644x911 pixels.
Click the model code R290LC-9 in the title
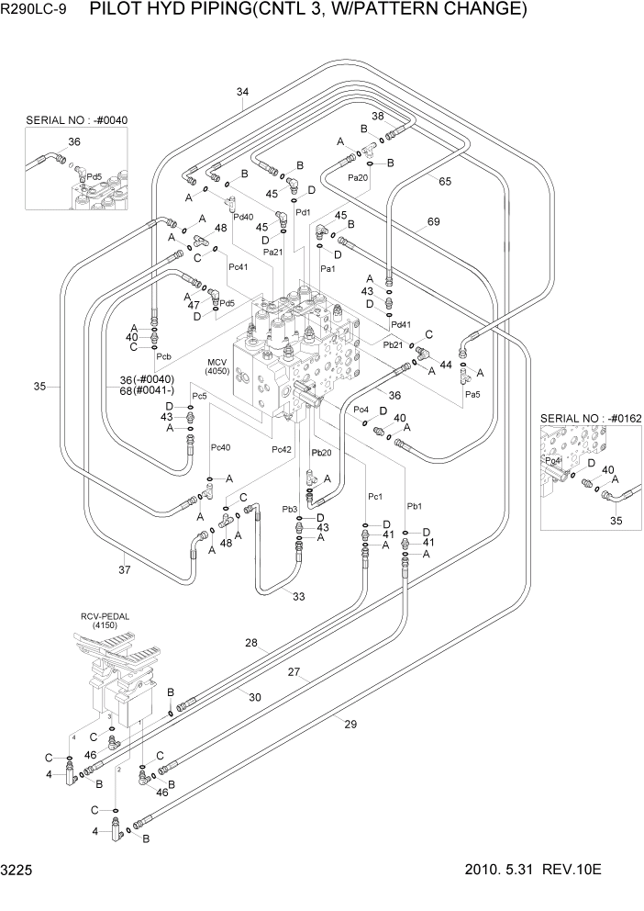click(38, 11)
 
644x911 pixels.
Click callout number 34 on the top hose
click(242, 92)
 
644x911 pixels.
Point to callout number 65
click(445, 182)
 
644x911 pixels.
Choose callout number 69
click(434, 222)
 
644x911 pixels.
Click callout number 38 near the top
click(377, 117)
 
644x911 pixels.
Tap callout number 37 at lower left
click(126, 570)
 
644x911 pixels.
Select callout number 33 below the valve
click(298, 597)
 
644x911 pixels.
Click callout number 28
click(250, 644)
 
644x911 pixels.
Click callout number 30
click(255, 698)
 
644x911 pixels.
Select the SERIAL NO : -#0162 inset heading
click(590, 419)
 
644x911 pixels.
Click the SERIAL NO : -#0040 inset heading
click(76, 120)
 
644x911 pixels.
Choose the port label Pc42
click(281, 450)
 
